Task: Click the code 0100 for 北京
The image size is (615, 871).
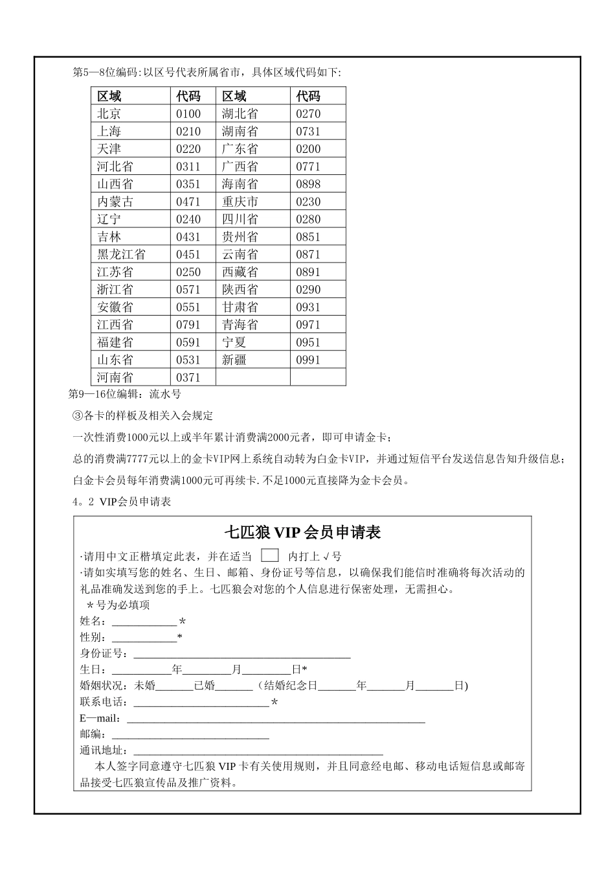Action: point(188,114)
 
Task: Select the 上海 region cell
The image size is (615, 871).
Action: point(109,132)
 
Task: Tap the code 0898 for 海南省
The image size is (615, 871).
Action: point(308,184)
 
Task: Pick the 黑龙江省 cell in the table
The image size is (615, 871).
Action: point(121,255)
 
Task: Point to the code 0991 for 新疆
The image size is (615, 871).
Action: point(308,360)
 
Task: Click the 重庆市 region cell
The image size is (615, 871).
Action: point(240,202)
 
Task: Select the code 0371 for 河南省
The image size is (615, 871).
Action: point(188,378)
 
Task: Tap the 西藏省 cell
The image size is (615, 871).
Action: point(240,272)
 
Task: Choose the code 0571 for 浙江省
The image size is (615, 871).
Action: point(188,290)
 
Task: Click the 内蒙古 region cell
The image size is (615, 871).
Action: point(115,202)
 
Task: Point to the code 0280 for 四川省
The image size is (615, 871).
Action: point(308,219)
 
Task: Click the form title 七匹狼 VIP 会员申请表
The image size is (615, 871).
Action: point(302,533)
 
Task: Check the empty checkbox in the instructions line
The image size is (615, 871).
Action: point(270,555)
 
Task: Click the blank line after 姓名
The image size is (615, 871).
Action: point(144,621)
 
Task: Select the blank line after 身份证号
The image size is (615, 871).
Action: point(241,654)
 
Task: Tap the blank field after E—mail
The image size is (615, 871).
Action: point(276,719)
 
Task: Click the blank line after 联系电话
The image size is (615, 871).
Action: point(201,703)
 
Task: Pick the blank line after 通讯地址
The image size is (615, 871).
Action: point(258,751)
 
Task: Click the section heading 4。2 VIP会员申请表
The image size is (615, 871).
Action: point(122,502)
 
